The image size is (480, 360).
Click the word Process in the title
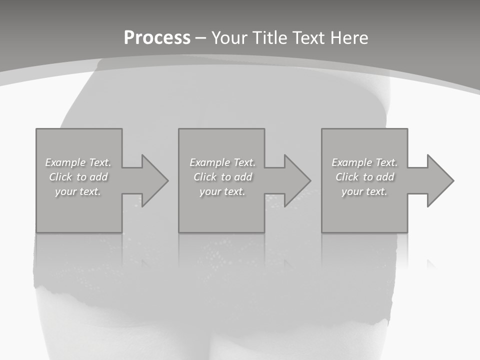point(157,38)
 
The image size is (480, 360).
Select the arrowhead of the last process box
point(439,180)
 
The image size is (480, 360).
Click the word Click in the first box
point(60,177)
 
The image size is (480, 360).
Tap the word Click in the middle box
point(205,177)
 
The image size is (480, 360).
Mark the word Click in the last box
point(347,177)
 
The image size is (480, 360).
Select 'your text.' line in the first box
point(78,191)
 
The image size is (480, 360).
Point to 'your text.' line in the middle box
point(222,191)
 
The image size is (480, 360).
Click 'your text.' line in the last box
point(364,191)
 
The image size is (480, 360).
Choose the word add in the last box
point(384,177)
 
